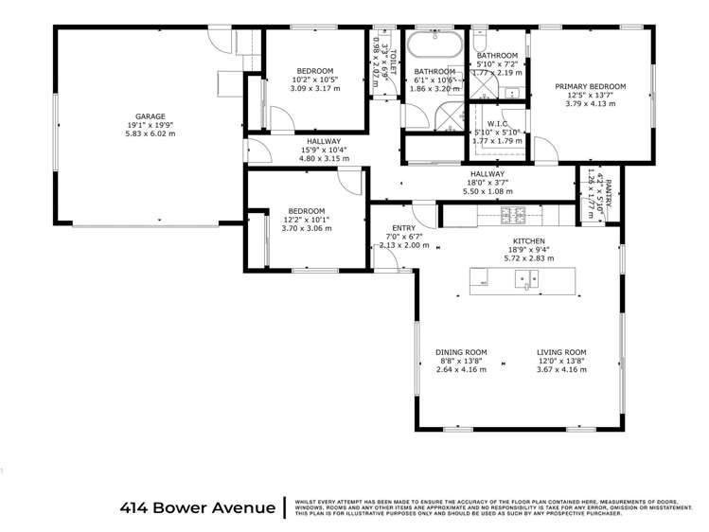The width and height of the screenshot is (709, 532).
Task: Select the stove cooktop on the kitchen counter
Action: [512, 216]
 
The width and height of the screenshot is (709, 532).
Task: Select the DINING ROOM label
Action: [461, 351]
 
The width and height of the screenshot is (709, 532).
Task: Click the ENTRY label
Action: [403, 227]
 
